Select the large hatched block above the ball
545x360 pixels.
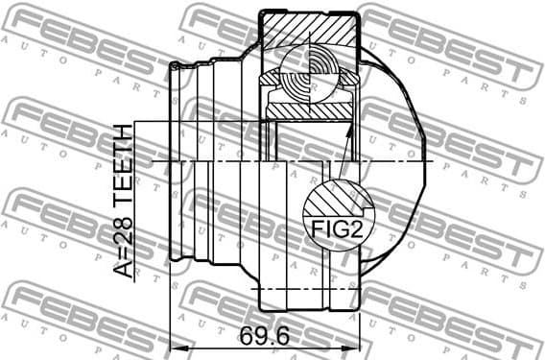click(309, 31)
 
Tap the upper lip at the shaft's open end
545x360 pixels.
click(178, 65)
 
